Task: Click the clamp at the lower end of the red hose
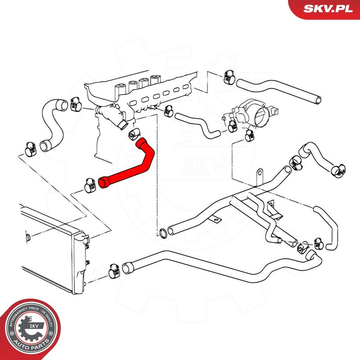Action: click(x=88, y=184)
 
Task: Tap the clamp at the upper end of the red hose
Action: click(x=134, y=133)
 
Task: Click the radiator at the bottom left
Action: click(x=49, y=252)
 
